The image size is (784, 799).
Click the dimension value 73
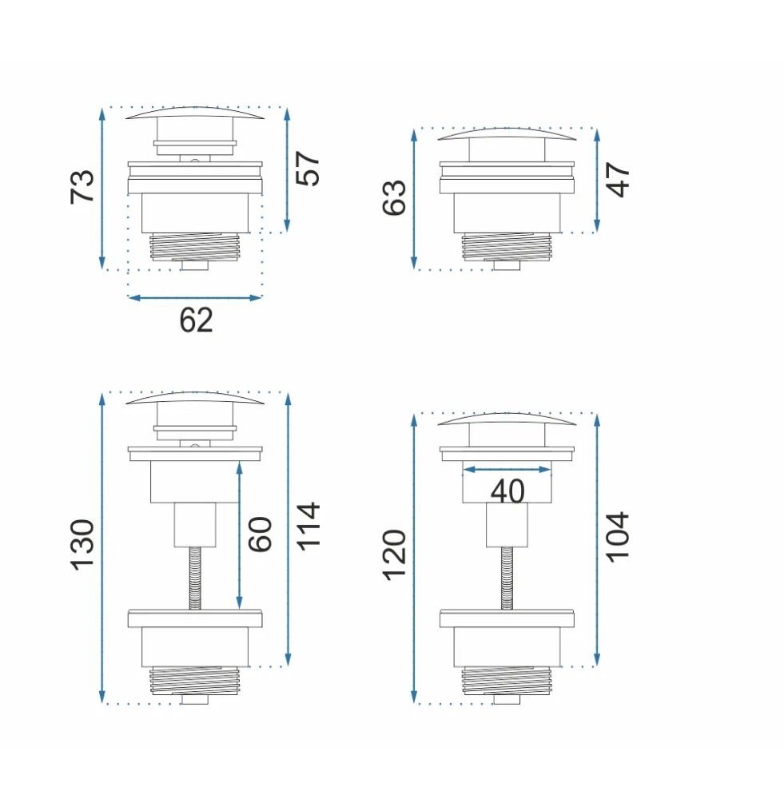82,186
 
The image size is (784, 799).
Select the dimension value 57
308,168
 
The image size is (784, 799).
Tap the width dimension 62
196,320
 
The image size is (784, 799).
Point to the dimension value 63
395,197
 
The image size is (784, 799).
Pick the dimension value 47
619,179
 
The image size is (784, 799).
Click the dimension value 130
82,545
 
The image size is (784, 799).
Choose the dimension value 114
308,527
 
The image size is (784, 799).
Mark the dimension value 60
260,535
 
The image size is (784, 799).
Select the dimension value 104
619,537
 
